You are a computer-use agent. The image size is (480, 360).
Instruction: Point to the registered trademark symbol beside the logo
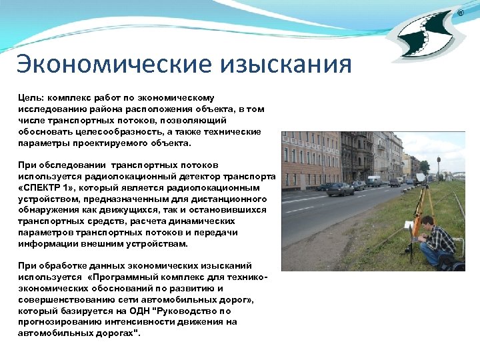(x=460, y=13)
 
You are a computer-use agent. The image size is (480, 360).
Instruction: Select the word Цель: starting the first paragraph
(x=31, y=97)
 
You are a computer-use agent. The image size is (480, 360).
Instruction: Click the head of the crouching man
(x=427, y=221)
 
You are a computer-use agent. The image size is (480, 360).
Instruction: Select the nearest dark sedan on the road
(x=340, y=189)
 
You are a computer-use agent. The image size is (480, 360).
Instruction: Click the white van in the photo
(x=374, y=181)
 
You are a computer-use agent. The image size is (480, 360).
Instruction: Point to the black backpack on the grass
(x=454, y=263)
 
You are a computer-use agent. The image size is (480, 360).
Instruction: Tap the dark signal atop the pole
(x=438, y=161)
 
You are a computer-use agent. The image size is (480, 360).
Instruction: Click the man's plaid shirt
(x=439, y=238)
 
